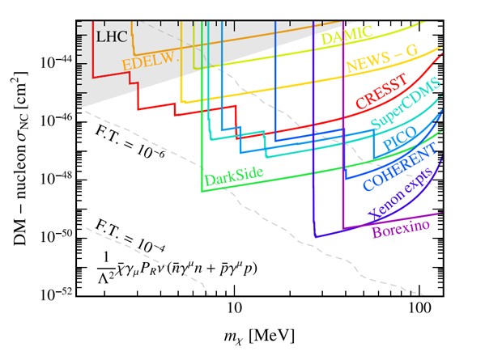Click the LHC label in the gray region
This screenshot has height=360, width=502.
pyautogui.click(x=111, y=36)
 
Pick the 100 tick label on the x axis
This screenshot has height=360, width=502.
pyautogui.click(x=418, y=308)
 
